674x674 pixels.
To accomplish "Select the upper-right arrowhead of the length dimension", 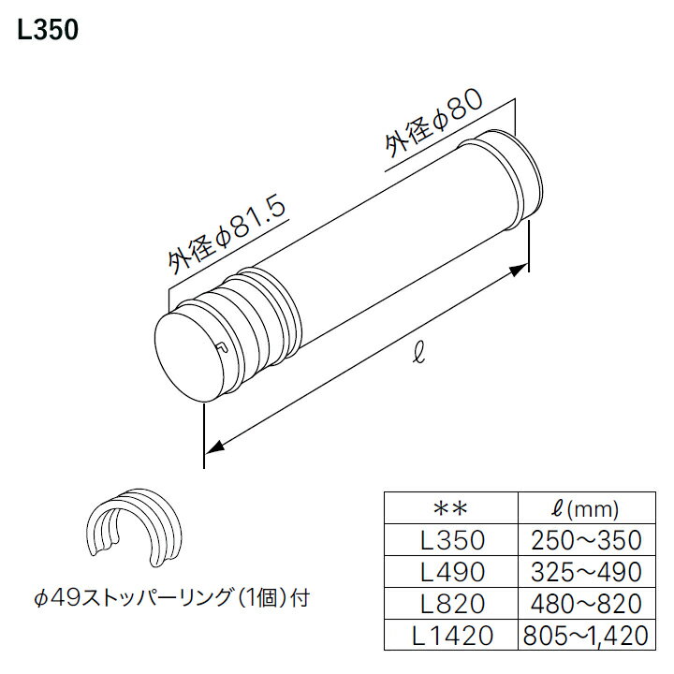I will (x=520, y=270).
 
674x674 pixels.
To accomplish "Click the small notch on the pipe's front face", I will (x=220, y=348).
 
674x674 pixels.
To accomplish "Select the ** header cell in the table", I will (x=451, y=510).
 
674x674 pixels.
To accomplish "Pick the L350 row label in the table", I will (x=451, y=541).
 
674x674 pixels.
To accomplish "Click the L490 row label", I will (x=451, y=572).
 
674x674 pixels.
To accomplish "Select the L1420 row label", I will (x=451, y=636).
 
